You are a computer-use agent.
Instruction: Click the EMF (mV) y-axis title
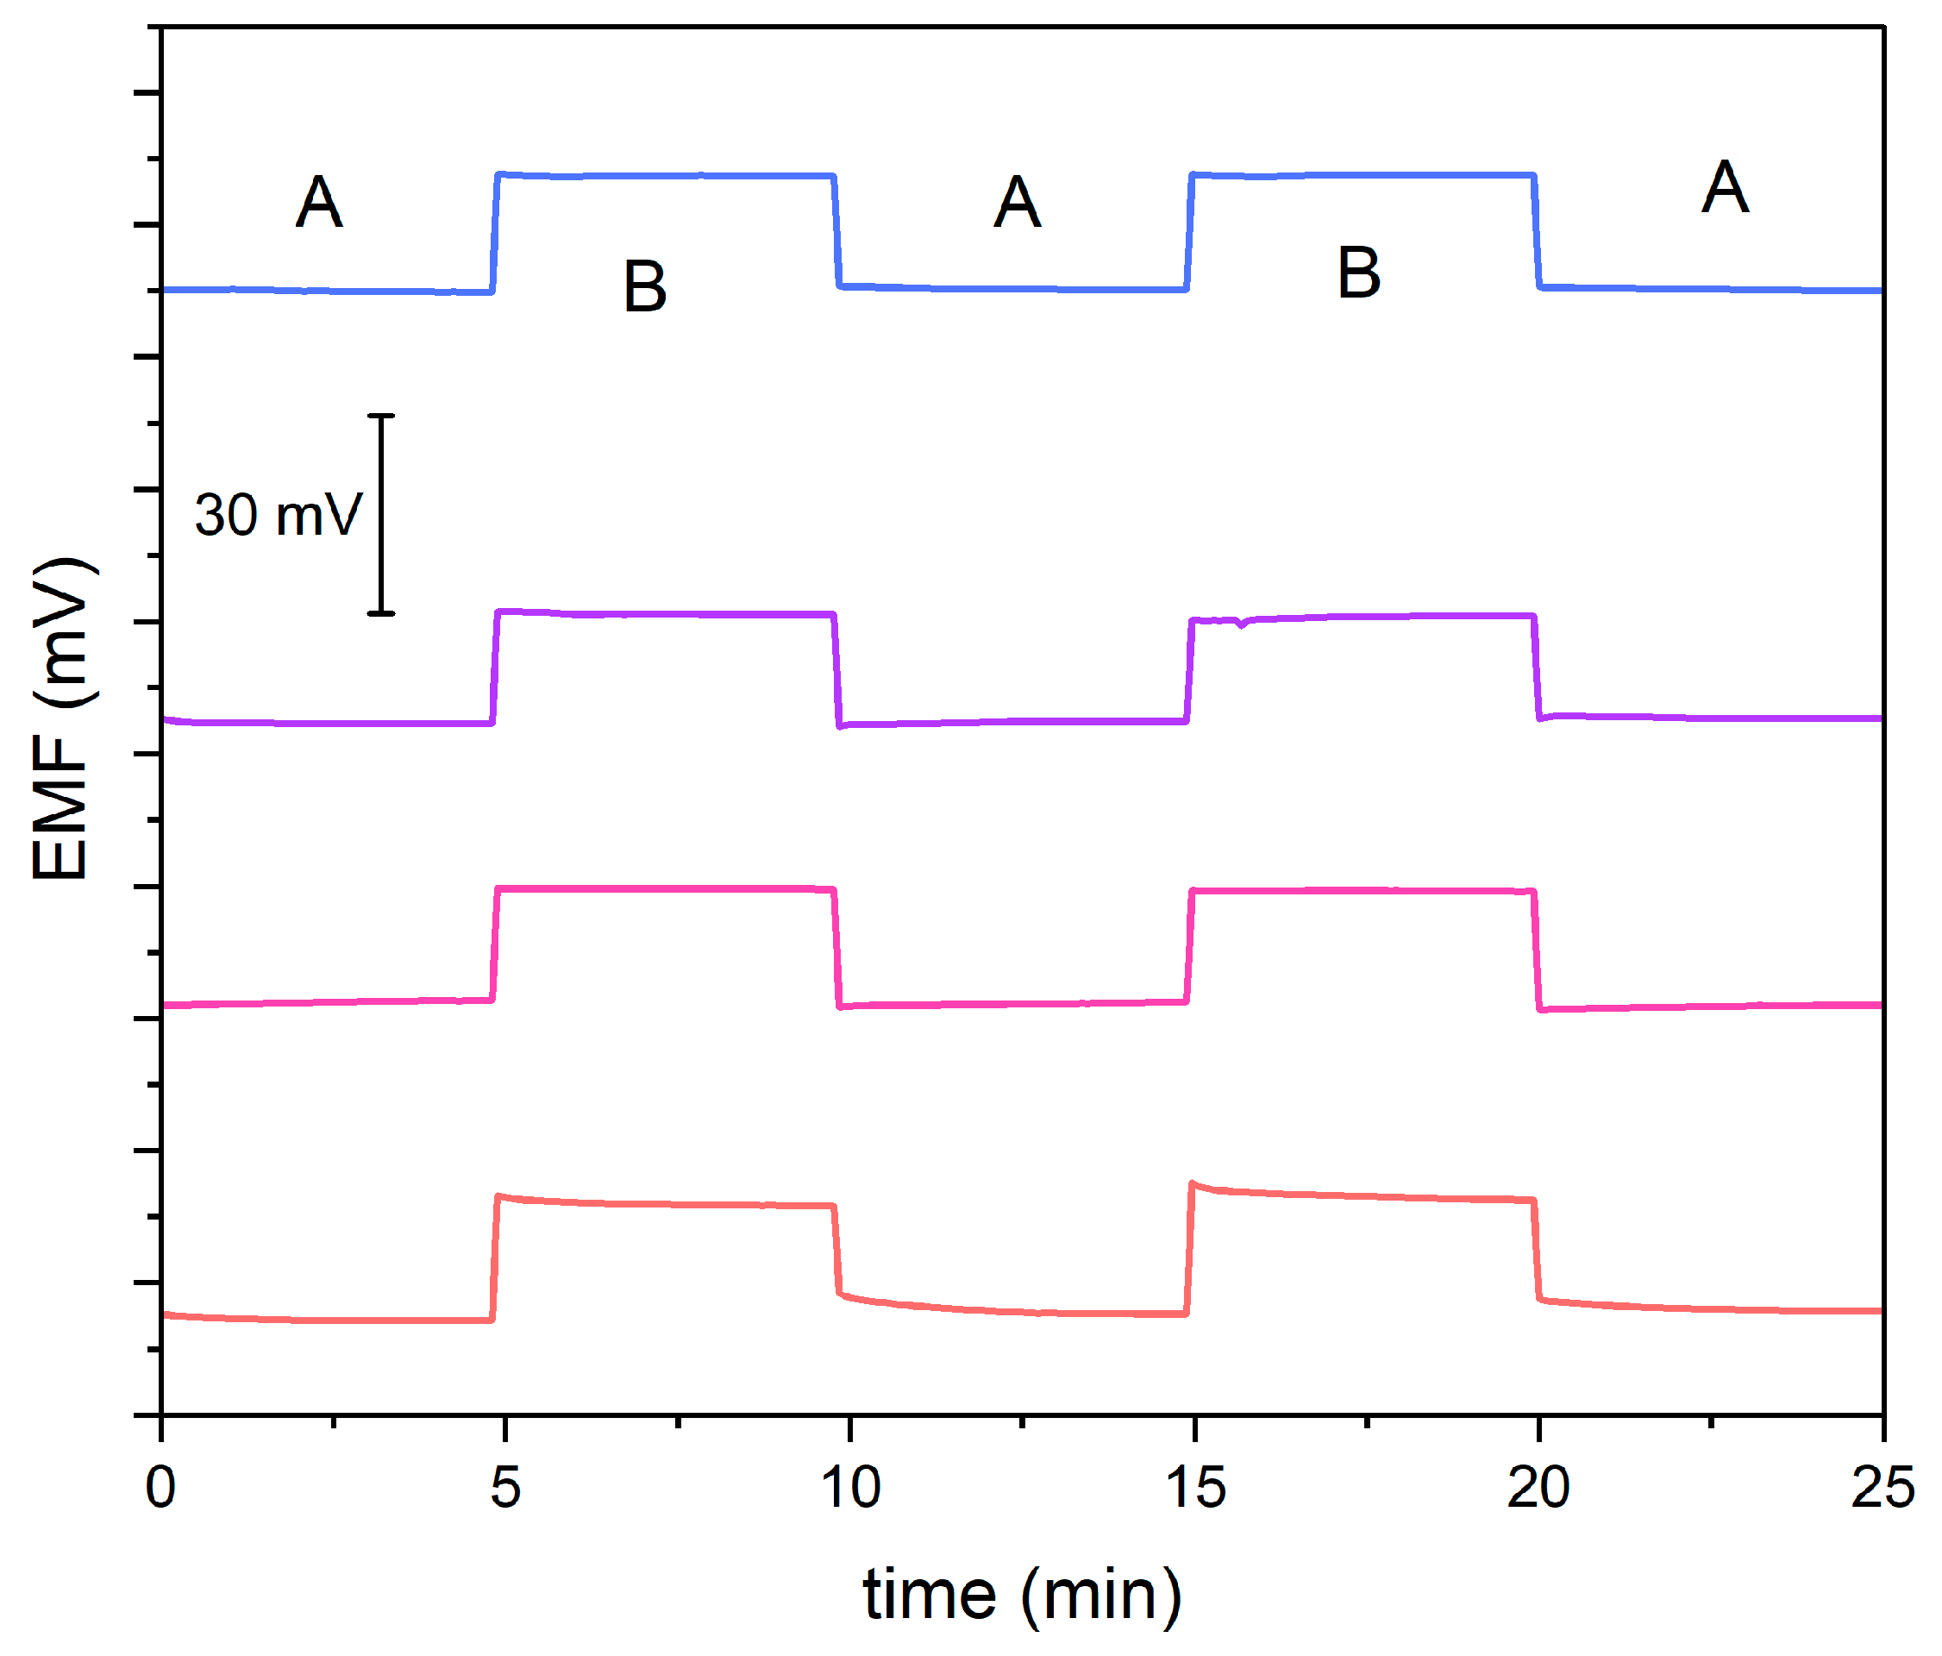pyautogui.click(x=61, y=718)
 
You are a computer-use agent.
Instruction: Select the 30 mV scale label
pyautogui.click(x=278, y=516)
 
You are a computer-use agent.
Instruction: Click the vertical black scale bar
pyautogui.click(x=380, y=515)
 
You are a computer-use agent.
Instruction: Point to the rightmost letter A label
pyautogui.click(x=1725, y=188)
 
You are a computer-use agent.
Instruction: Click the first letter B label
pyautogui.click(x=645, y=286)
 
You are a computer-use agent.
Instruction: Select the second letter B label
pyautogui.click(x=1358, y=273)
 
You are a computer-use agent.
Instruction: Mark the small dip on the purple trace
pyautogui.click(x=1241, y=624)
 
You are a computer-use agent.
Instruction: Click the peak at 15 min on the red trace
pyautogui.click(x=1193, y=1183)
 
